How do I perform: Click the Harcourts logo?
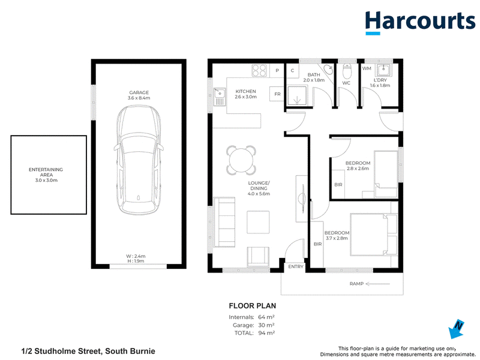(x=420, y=22)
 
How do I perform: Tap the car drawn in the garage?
(x=139, y=160)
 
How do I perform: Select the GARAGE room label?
(x=139, y=92)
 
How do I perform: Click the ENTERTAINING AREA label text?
(x=46, y=172)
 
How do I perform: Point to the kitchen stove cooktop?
(x=259, y=70)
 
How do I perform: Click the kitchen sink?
(x=220, y=97)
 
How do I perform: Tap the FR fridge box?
(x=277, y=94)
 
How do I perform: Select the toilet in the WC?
(x=347, y=71)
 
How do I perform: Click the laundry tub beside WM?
(x=383, y=70)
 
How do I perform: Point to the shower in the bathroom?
(x=296, y=96)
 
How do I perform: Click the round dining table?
(x=241, y=160)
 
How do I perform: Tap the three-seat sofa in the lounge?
(x=224, y=222)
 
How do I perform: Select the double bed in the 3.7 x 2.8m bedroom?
(x=374, y=235)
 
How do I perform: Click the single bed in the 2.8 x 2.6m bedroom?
(x=386, y=174)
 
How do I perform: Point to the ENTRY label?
(x=296, y=266)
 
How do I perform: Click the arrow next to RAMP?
(x=378, y=284)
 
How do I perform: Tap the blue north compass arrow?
(x=456, y=329)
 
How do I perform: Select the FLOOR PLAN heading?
(x=253, y=306)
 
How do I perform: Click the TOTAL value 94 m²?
(x=266, y=333)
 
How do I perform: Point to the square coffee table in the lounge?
(x=259, y=222)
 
